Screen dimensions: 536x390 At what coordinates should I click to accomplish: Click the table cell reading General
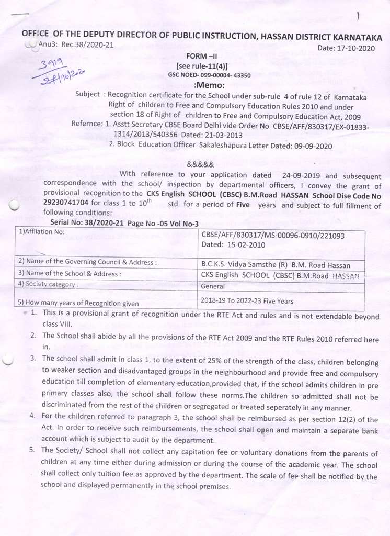tap(213, 286)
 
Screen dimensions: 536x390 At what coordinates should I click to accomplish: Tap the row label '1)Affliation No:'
tap(41, 231)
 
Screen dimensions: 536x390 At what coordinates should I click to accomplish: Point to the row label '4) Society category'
tap(48, 284)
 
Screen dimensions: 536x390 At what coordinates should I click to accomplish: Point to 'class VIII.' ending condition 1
tap(57, 324)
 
